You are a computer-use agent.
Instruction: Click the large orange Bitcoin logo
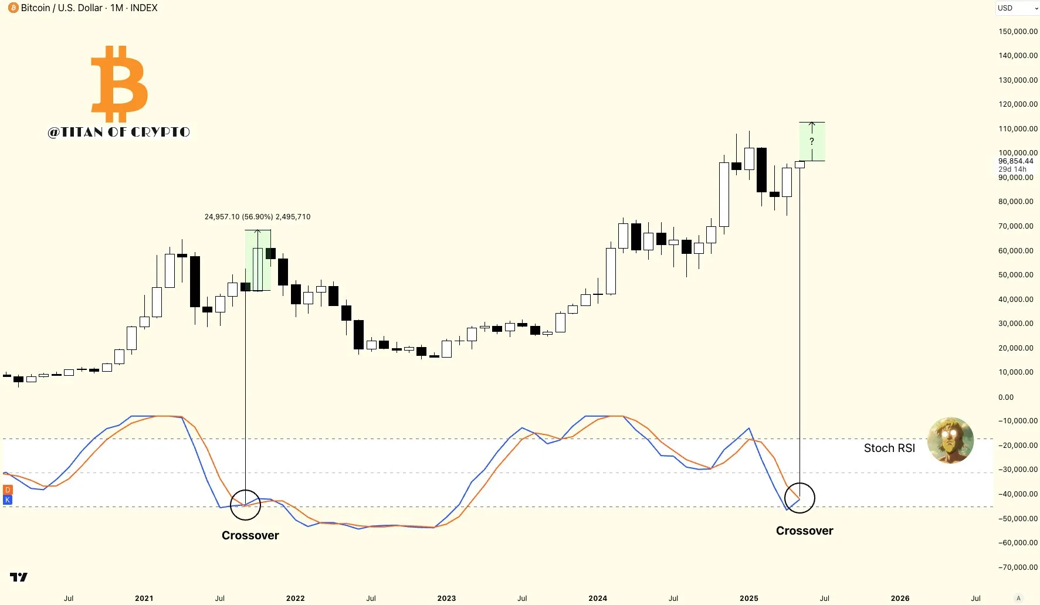pyautogui.click(x=120, y=84)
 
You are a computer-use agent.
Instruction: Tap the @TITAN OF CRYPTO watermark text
pyautogui.click(x=119, y=132)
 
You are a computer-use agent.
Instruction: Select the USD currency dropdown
pyautogui.click(x=1017, y=8)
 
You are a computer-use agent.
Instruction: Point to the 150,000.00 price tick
pyautogui.click(x=1018, y=32)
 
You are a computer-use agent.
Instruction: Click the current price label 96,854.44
pyautogui.click(x=1015, y=161)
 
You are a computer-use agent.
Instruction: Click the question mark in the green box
pyautogui.click(x=812, y=141)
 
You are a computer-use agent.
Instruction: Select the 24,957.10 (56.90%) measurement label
pyautogui.click(x=258, y=217)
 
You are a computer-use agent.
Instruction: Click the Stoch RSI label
pyautogui.click(x=889, y=448)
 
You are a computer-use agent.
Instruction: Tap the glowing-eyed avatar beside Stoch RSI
pyautogui.click(x=950, y=440)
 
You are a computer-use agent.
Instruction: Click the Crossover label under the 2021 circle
pyautogui.click(x=250, y=535)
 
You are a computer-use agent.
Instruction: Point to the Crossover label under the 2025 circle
pyautogui.click(x=804, y=531)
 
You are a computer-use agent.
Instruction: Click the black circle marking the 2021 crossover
pyautogui.click(x=245, y=505)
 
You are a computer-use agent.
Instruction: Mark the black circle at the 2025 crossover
pyautogui.click(x=800, y=498)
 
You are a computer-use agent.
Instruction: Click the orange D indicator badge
pyautogui.click(x=8, y=490)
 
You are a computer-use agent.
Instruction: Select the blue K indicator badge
pyautogui.click(x=8, y=500)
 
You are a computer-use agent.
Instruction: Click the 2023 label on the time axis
pyautogui.click(x=446, y=599)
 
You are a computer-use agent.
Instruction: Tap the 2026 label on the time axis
pyautogui.click(x=900, y=599)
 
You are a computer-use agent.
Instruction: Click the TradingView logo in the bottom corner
pyautogui.click(x=19, y=577)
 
